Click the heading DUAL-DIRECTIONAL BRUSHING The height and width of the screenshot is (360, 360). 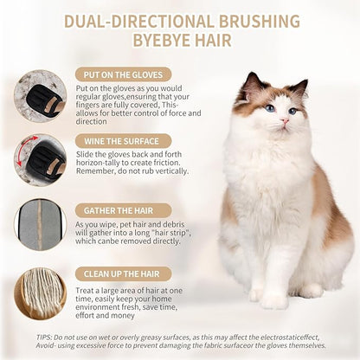(181, 20)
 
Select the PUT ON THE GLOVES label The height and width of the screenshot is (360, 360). (123, 74)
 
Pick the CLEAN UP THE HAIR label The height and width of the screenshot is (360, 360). (124, 274)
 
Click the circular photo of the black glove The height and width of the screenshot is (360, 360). (40, 95)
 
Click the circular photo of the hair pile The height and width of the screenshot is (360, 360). (40, 292)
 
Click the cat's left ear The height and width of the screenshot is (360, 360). (253, 84)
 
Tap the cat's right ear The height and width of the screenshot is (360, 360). (299, 87)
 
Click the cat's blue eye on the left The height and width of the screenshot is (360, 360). (270, 109)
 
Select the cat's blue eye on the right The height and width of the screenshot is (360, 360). (293, 112)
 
